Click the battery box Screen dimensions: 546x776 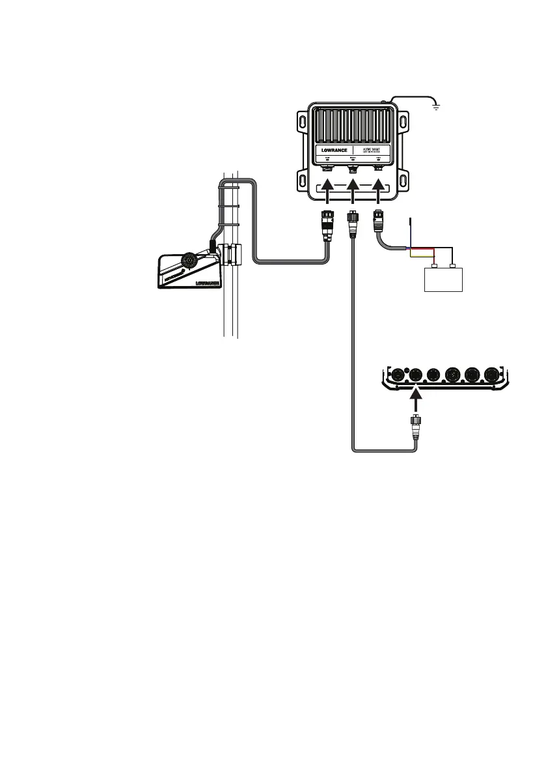(x=443, y=280)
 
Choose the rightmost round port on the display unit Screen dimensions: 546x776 (x=492, y=376)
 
